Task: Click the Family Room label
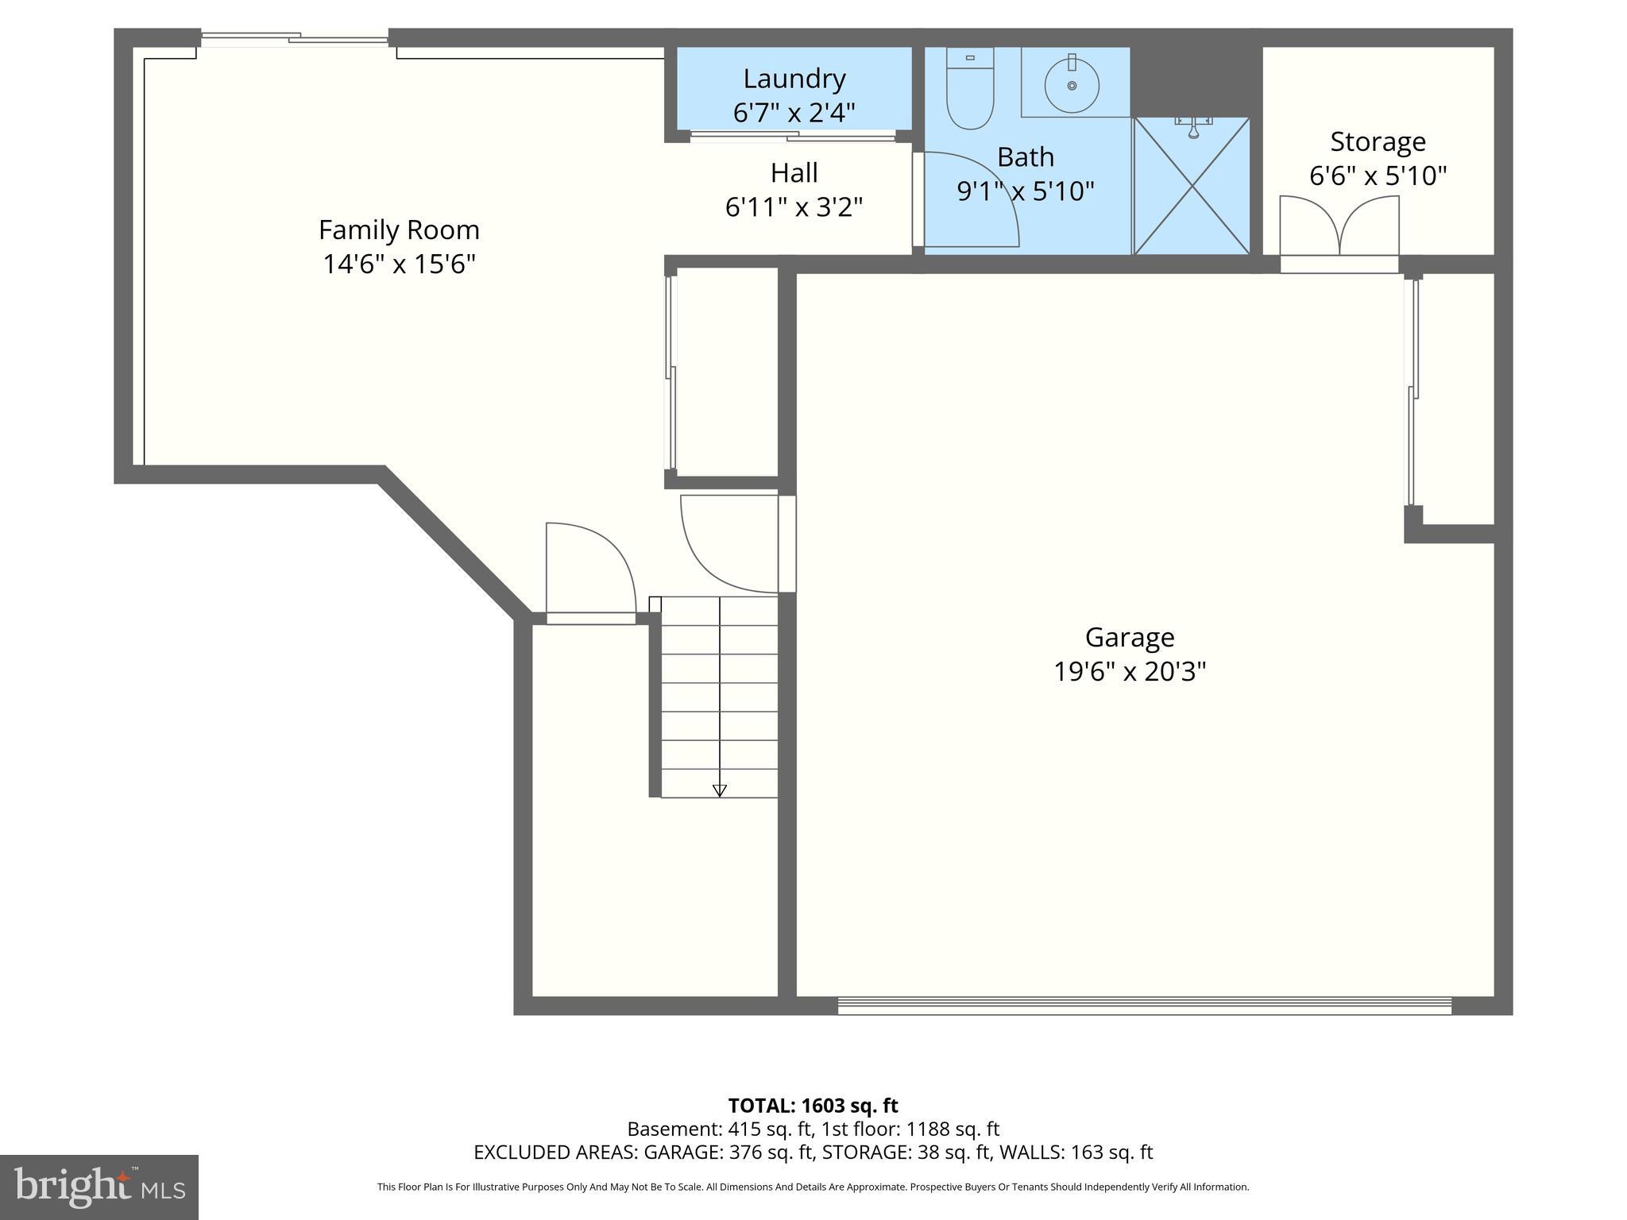(x=399, y=230)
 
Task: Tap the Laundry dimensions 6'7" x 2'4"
(x=794, y=113)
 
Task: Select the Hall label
(x=794, y=173)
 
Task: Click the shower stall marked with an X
(x=1192, y=187)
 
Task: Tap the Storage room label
(x=1378, y=142)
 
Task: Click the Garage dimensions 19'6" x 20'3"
(x=1129, y=672)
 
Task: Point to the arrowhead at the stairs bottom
(x=719, y=790)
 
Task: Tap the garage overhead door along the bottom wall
(x=1144, y=1006)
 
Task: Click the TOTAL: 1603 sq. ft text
(x=813, y=1106)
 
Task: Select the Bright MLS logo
(x=99, y=1187)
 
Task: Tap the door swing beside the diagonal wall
(x=589, y=568)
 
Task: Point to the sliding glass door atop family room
(x=294, y=37)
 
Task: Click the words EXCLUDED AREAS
(x=555, y=1152)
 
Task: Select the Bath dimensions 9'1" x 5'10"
(x=1026, y=191)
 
